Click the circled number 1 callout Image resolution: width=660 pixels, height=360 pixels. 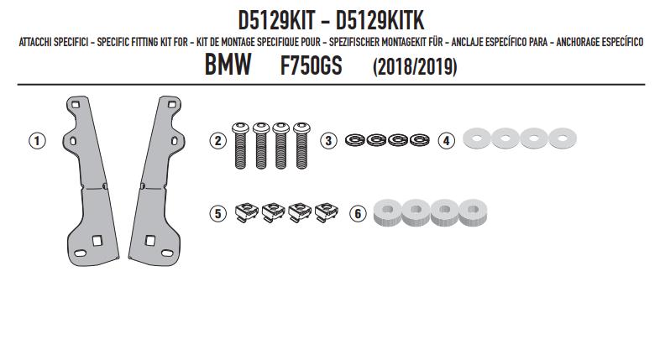tap(37, 140)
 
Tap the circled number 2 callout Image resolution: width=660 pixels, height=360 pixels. tap(217, 140)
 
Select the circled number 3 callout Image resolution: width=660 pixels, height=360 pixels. tap(328, 140)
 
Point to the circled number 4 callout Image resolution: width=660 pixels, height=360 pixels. tap(446, 140)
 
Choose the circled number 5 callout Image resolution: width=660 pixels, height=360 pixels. tap(217, 214)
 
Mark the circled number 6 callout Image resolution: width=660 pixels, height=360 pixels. tap(358, 214)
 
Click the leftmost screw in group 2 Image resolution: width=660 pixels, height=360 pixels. tap(240, 145)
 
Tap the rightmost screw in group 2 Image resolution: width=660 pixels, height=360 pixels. tap(301, 145)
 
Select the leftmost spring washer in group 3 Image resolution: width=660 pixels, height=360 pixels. tap(355, 139)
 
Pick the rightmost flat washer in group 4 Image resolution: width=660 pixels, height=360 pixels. tap(563, 138)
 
